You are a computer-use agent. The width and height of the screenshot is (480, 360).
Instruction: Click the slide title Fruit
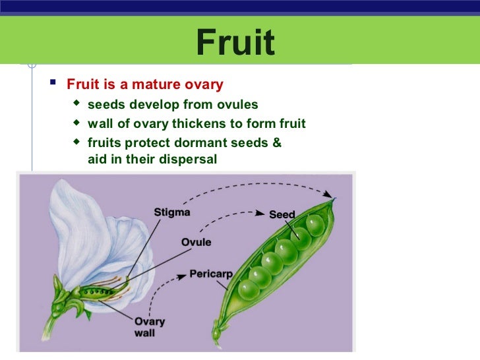[x=235, y=42]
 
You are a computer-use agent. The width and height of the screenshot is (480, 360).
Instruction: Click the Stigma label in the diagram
[x=172, y=212]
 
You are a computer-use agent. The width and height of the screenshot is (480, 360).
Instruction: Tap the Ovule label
[x=196, y=242]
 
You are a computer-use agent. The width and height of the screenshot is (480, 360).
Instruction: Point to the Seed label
[x=282, y=214]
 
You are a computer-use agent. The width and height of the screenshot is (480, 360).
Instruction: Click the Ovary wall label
[x=149, y=328]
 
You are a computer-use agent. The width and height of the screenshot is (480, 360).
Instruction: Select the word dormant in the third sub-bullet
[x=195, y=143]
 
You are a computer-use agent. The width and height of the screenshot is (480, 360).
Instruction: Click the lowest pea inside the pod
[x=249, y=289]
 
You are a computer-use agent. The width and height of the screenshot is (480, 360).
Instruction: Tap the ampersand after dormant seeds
[x=276, y=143]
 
